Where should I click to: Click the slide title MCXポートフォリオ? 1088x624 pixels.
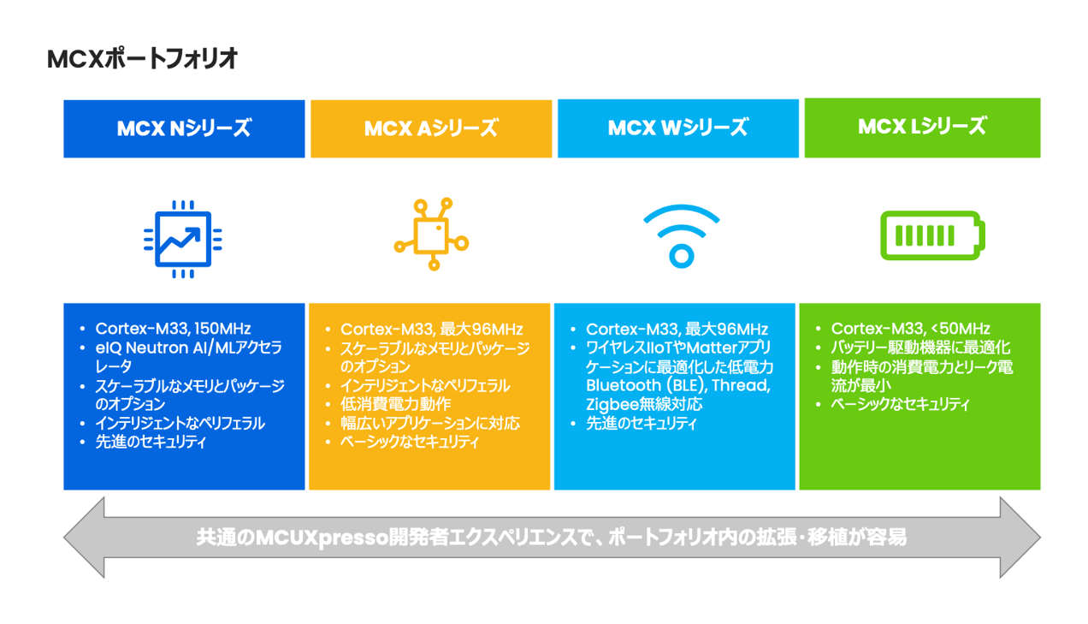(x=142, y=59)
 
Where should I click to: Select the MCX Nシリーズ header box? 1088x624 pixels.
(x=184, y=128)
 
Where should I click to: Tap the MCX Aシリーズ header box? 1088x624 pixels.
(x=430, y=128)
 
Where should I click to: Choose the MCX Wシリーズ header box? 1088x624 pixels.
(x=677, y=128)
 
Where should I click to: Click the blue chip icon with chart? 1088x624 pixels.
(x=183, y=239)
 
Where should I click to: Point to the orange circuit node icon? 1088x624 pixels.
(x=430, y=235)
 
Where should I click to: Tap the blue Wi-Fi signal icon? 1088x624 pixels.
(x=681, y=235)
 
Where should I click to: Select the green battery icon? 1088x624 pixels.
(x=932, y=235)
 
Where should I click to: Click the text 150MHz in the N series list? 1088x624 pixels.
(x=222, y=329)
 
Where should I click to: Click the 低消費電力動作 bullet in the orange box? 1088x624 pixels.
(x=395, y=404)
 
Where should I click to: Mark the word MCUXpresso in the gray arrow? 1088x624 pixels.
(x=312, y=538)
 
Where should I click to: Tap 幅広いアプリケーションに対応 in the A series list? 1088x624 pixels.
(x=429, y=423)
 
